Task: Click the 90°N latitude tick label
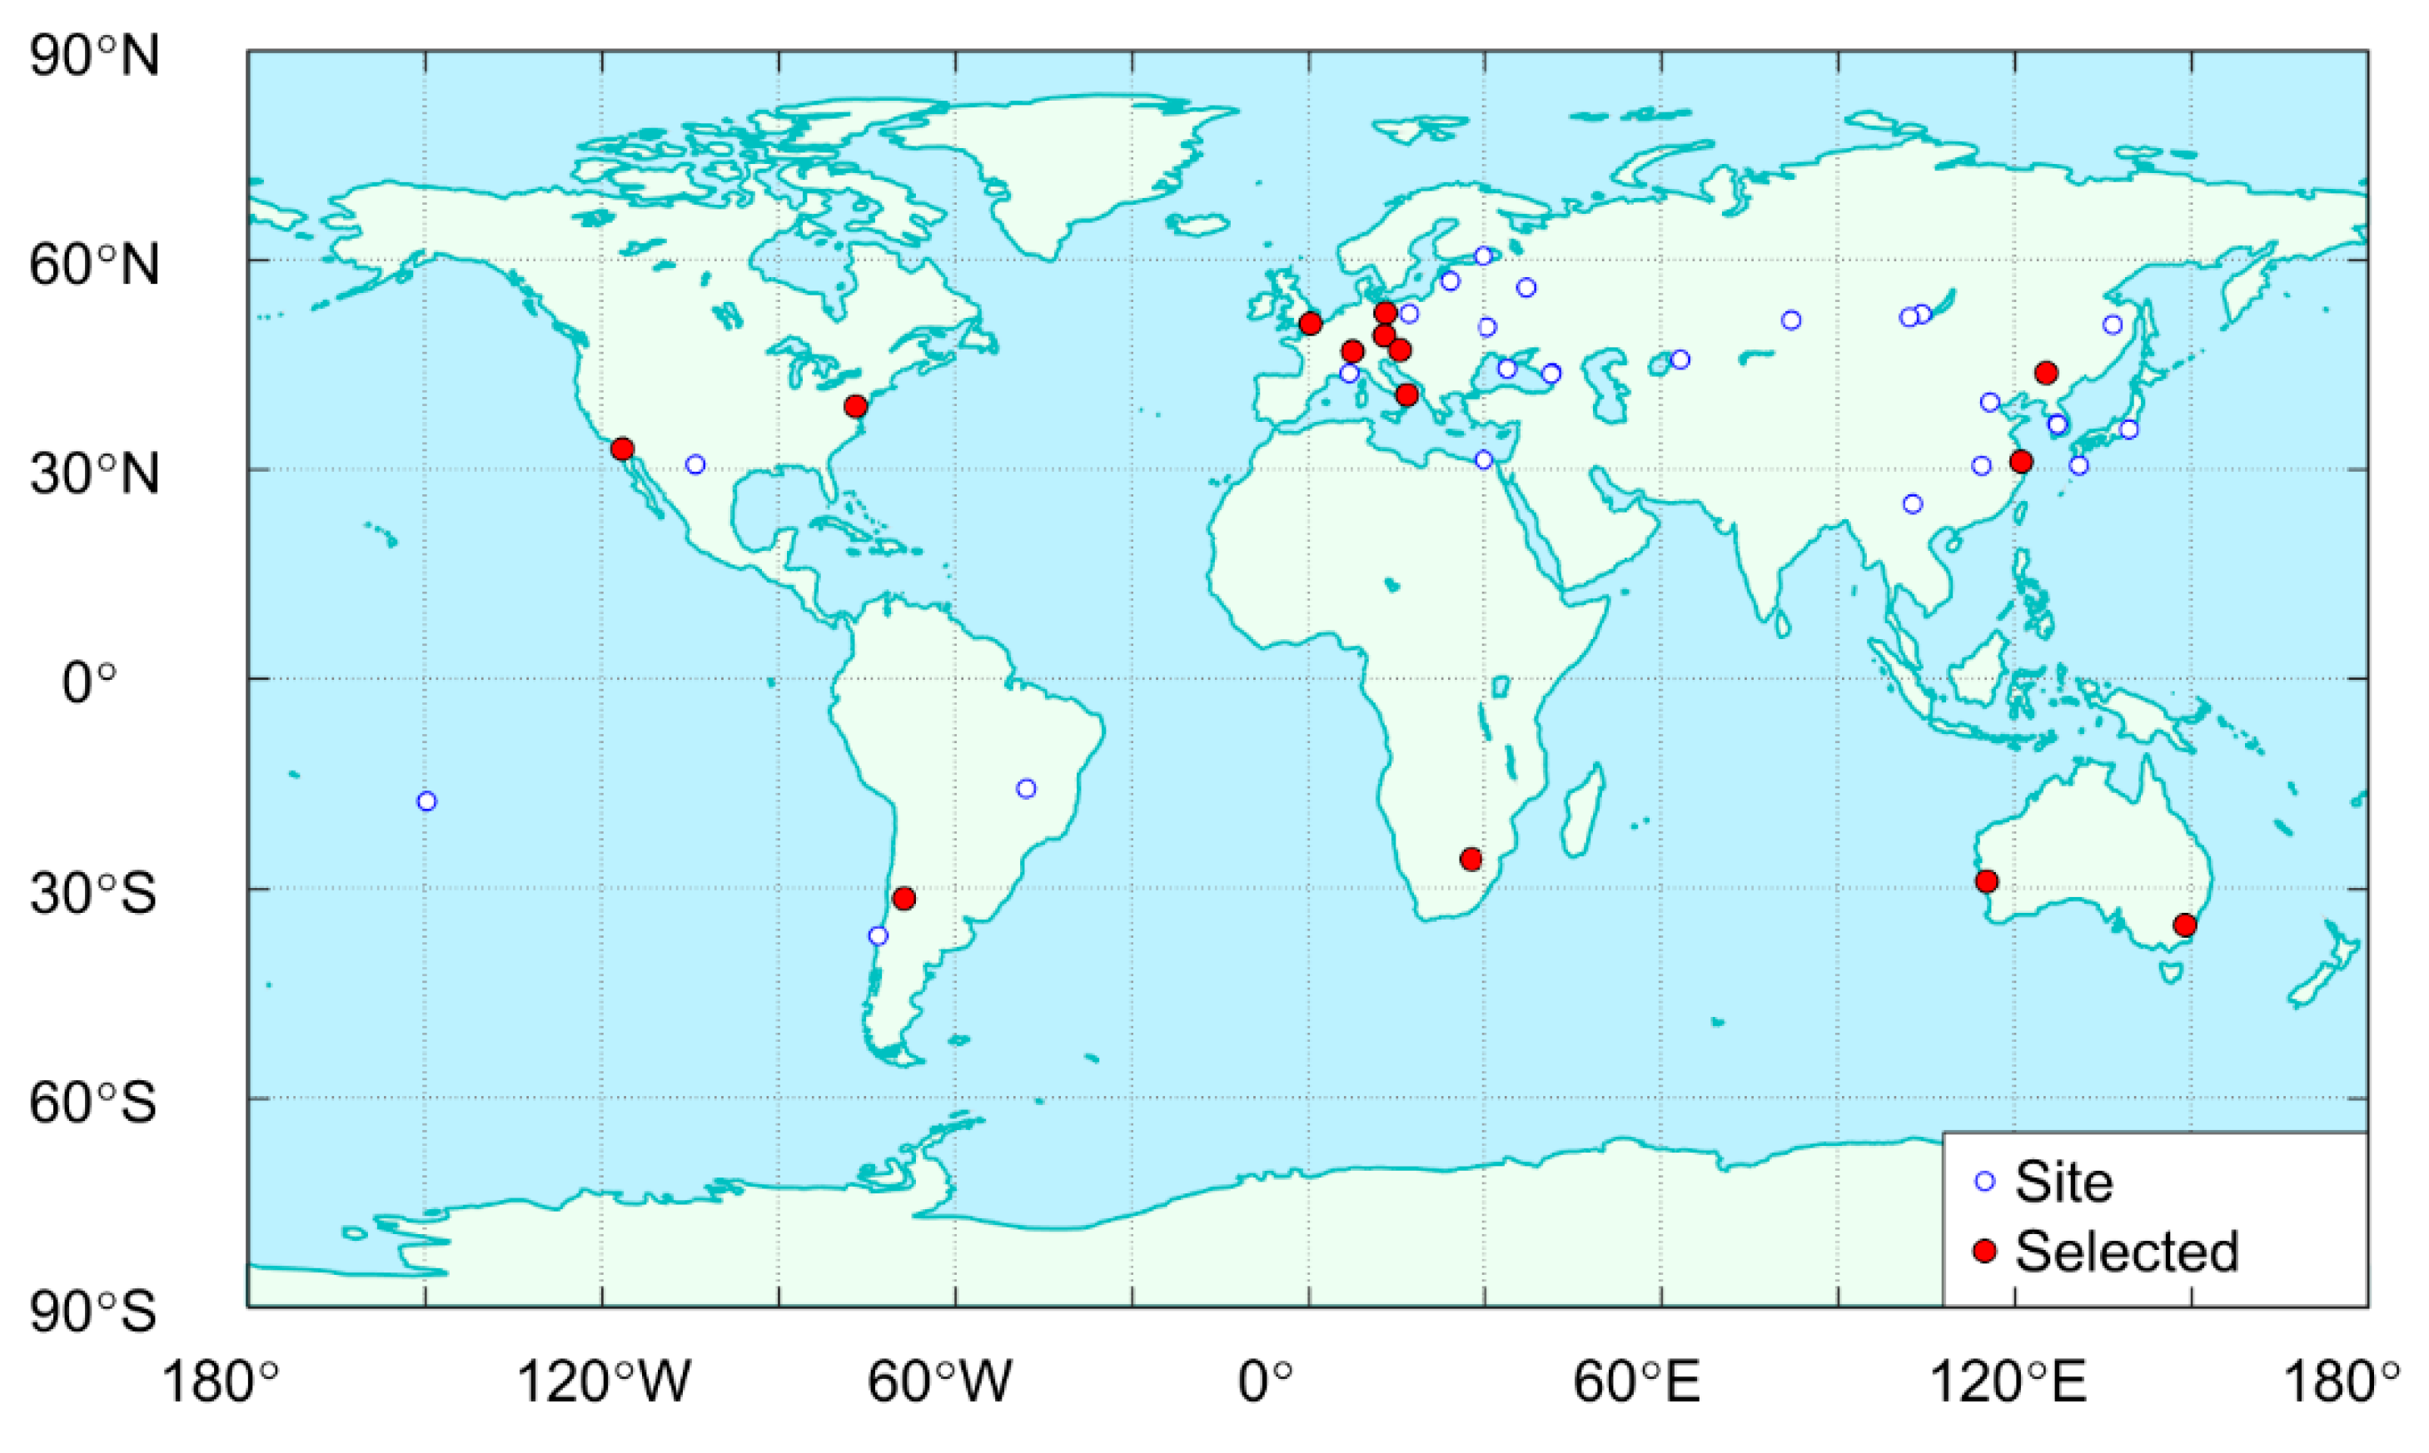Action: pyautogui.click(x=94, y=56)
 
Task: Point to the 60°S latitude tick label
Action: pyautogui.click(x=93, y=1103)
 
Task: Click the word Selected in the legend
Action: pyautogui.click(x=2127, y=1252)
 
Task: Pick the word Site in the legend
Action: pyautogui.click(x=2063, y=1182)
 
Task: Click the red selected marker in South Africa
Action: pyautogui.click(x=1470, y=860)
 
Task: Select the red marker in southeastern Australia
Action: pyautogui.click(x=2184, y=925)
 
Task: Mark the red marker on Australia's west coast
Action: pyautogui.click(x=1986, y=881)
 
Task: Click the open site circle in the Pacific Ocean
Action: pyautogui.click(x=426, y=801)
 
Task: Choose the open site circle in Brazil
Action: pyautogui.click(x=1025, y=789)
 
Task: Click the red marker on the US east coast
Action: pyautogui.click(x=855, y=406)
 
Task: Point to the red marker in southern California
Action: pyautogui.click(x=622, y=449)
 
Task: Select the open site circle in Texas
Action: pyautogui.click(x=695, y=464)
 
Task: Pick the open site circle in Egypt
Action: pyautogui.click(x=1483, y=460)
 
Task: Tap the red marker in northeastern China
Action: pyautogui.click(x=2045, y=373)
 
